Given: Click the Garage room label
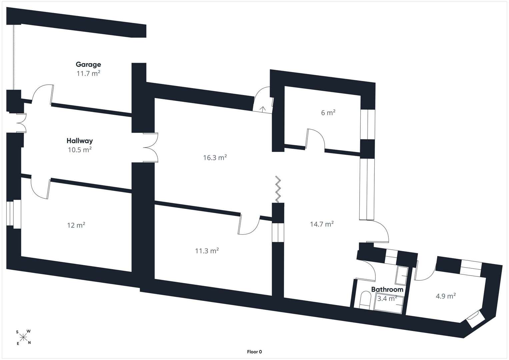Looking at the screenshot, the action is [88, 65].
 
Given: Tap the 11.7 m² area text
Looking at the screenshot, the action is [88, 73].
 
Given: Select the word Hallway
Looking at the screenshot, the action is [80, 141].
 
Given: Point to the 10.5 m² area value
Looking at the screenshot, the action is [80, 150].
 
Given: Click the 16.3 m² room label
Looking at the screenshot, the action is [215, 157].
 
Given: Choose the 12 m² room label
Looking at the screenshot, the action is [76, 225].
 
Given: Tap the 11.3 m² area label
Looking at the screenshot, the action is [207, 251].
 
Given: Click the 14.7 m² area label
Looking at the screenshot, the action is [322, 224].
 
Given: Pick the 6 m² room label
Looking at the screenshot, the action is [328, 113].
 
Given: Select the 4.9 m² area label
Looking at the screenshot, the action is [446, 296].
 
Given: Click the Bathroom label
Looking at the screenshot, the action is [387, 290].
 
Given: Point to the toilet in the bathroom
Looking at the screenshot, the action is [365, 300].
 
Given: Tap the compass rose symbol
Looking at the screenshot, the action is [23, 337].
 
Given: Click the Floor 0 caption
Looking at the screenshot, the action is [255, 352].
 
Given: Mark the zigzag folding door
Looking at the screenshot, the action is [278, 189].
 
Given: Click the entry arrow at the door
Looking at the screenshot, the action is [263, 109].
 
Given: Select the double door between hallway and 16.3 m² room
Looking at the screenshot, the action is [150, 147].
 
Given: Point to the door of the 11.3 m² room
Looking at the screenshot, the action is [249, 225].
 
